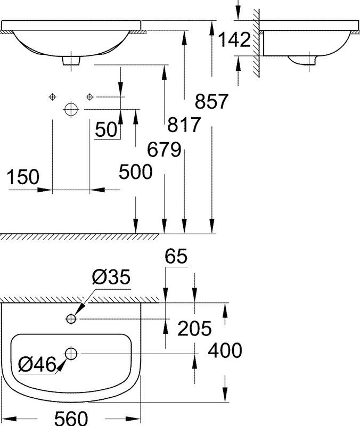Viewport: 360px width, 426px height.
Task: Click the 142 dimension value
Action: point(234,40)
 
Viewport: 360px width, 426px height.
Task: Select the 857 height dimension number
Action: point(211,101)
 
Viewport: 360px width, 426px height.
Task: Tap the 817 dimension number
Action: point(184,125)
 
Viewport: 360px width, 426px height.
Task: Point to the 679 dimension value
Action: point(164,150)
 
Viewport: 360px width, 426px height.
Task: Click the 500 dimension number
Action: point(136,171)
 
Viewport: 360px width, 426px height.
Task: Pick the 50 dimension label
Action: point(106,129)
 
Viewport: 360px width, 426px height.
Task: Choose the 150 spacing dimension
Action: point(23,177)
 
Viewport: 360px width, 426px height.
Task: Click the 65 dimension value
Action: point(176,256)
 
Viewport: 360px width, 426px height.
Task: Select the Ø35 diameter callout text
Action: point(111,277)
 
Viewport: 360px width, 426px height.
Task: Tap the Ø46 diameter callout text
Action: point(37,364)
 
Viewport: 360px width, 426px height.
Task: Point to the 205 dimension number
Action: point(194,328)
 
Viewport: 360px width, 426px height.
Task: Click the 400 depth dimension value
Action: point(225,350)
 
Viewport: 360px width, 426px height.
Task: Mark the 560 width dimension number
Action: point(71,418)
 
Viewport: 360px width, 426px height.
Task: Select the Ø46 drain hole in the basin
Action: point(71,354)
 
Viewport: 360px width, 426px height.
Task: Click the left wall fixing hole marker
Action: point(52,97)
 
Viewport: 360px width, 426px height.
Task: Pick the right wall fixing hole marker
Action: point(89,97)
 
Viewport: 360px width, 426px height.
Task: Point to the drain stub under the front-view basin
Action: point(71,61)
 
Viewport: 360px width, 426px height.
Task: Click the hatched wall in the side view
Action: point(256,43)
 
